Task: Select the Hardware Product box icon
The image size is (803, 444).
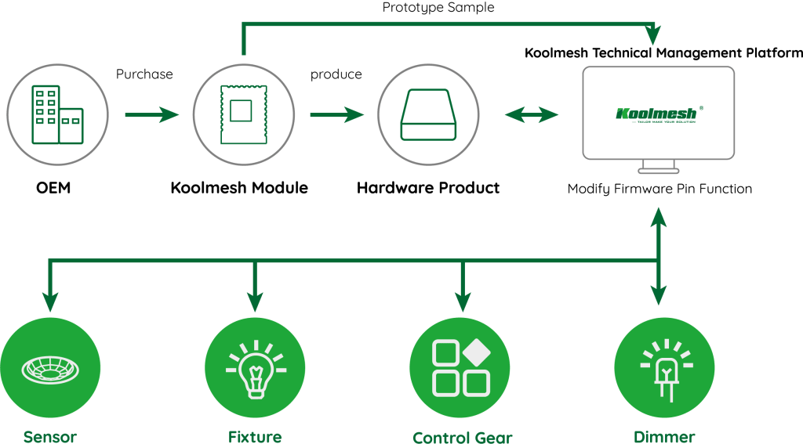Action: pos(428,116)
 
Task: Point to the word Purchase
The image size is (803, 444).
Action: pos(144,74)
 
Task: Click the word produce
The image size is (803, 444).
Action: pos(336,74)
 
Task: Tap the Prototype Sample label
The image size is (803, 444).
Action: pos(438,8)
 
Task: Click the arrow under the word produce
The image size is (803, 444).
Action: pos(336,116)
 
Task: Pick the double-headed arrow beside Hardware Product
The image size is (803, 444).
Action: pos(532,116)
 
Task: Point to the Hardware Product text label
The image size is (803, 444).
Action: pos(428,188)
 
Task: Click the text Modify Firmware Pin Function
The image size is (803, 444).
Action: pos(659,189)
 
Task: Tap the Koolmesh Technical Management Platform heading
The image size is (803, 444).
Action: pos(663,53)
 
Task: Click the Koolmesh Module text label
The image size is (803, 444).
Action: pos(239,188)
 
